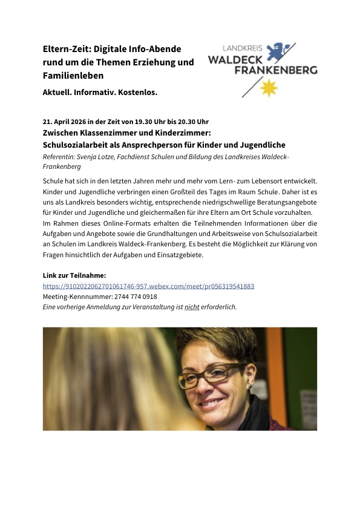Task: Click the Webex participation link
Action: click(x=148, y=286)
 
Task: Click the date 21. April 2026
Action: click(x=66, y=121)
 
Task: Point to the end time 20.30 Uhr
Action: click(x=191, y=121)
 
